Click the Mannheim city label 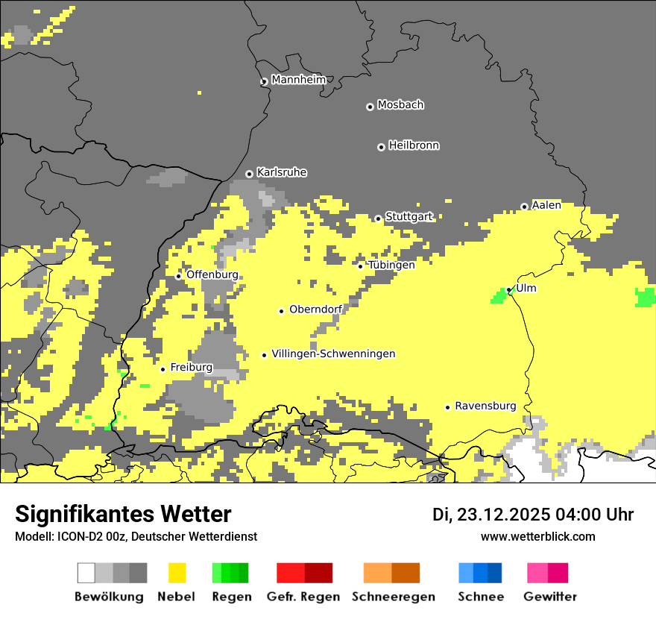pos(299,80)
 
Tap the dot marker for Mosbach pos(370,107)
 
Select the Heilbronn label pos(414,145)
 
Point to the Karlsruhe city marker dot pos(250,174)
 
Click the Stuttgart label pos(409,217)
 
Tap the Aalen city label pos(546,205)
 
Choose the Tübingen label pos(391,265)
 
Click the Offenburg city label pos(212,274)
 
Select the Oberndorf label pos(315,309)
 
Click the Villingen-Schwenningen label pos(333,354)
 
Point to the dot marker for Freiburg pos(163,369)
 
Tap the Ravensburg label pos(485,406)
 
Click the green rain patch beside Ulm pos(498,296)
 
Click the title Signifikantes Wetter pos(123,514)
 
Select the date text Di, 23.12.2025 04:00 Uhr pos(533,515)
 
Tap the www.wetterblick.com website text pos(537,536)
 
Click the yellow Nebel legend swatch pos(177,573)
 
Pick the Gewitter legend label pos(549,597)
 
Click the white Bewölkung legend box pos(86,573)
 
